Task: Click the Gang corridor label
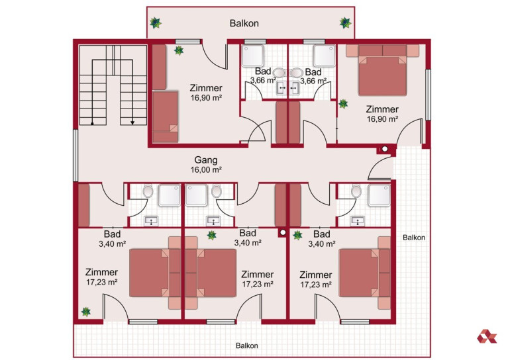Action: coord(206,160)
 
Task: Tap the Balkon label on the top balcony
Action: coord(244,23)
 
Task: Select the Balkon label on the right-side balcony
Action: coord(414,238)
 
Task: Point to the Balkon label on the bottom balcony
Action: coord(247,345)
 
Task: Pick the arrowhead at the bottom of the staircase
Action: coord(132,122)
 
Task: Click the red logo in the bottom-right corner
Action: coord(487,336)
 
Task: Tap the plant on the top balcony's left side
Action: coord(156,22)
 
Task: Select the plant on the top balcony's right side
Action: coord(345,22)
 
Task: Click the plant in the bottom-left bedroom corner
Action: coord(86,312)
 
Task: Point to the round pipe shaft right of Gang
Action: coord(385,149)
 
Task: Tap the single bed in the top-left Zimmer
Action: coord(165,116)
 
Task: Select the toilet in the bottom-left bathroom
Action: coord(148,191)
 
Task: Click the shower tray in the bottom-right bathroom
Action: coord(380,195)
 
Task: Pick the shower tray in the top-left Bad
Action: coord(253,56)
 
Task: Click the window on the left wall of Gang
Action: coord(76,156)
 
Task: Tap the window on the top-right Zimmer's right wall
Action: coord(428,95)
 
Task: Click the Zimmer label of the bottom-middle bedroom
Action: coord(257,275)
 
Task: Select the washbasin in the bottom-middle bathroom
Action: coord(213,221)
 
